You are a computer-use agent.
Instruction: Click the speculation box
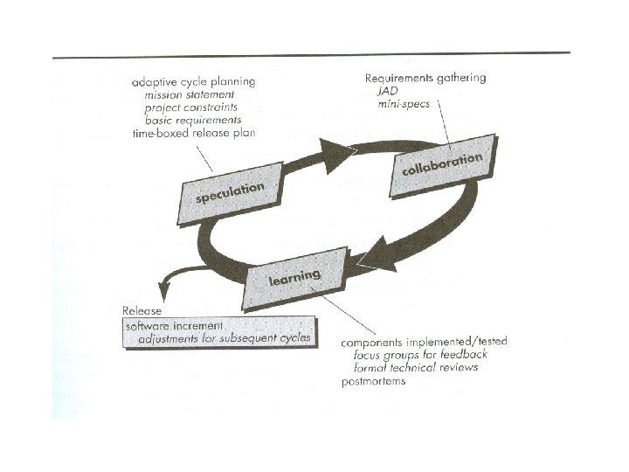(x=232, y=193)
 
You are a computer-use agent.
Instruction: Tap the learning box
(x=294, y=278)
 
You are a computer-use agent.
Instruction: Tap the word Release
(x=142, y=310)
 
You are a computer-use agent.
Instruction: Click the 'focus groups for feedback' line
(x=420, y=354)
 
